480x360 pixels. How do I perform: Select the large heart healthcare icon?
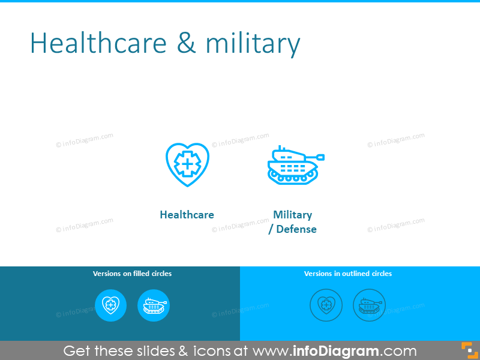click(187, 164)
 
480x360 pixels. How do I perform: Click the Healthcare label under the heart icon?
click(187, 215)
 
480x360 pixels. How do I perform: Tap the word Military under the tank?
click(293, 215)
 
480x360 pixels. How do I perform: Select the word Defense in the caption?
click(296, 229)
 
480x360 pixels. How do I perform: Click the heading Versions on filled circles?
click(132, 274)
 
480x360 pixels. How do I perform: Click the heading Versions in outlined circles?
click(348, 274)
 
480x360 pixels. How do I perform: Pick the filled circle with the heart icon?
click(111, 305)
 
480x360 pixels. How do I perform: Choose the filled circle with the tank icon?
click(154, 305)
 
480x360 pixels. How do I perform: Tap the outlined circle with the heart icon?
click(326, 305)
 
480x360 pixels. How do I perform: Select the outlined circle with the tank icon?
click(369, 305)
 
